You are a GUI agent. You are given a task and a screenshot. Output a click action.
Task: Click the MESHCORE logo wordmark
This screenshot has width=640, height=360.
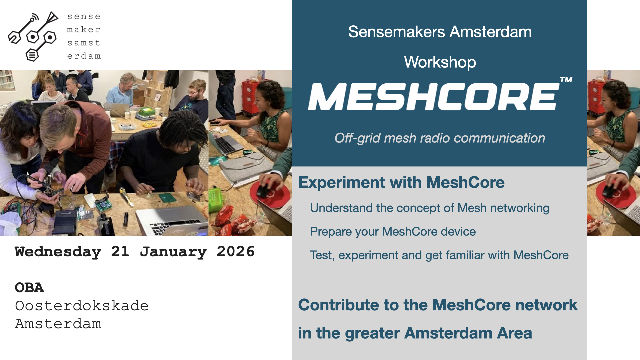tap(433, 97)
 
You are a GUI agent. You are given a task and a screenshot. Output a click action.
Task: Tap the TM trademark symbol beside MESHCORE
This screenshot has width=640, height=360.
tap(566, 79)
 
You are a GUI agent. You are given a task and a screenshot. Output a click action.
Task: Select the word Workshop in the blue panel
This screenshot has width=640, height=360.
tap(440, 62)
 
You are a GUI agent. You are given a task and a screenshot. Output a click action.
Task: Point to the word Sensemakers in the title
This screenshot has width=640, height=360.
tap(396, 32)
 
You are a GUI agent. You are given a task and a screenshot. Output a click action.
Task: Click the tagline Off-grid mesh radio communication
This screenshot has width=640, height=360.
tap(440, 138)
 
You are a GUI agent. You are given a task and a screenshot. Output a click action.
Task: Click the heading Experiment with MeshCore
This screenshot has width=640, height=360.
tap(401, 183)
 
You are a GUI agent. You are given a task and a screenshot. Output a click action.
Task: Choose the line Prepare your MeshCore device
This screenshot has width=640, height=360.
tap(393, 232)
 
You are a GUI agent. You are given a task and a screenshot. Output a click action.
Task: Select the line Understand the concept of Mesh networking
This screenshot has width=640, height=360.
tap(430, 208)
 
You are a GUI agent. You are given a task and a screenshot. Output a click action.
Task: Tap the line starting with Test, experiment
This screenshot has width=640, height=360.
tap(439, 255)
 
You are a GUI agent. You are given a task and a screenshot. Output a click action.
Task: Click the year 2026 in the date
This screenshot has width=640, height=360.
tap(236, 251)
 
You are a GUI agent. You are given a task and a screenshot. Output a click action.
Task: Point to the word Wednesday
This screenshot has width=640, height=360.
tap(58, 252)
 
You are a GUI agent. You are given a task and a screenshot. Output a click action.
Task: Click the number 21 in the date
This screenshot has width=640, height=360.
tap(120, 251)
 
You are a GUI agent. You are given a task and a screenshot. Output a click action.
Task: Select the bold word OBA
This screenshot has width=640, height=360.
tap(29, 288)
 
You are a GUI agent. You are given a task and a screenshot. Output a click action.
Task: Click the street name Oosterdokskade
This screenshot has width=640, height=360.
tap(82, 306)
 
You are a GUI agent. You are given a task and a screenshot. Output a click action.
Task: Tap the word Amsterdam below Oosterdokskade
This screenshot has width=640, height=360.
tap(58, 324)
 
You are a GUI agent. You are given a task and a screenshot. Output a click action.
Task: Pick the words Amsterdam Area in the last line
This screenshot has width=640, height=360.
tap(468, 333)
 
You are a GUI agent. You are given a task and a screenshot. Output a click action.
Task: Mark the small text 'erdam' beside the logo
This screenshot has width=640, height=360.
tap(84, 56)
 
